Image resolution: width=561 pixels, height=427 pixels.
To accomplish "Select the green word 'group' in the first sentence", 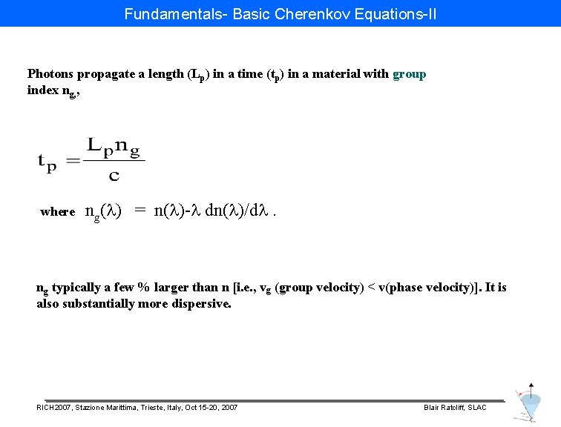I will click(x=409, y=74).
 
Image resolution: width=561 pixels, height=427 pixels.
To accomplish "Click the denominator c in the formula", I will click(x=114, y=176).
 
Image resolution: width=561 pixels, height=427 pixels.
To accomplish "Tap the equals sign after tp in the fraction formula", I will click(x=73, y=161).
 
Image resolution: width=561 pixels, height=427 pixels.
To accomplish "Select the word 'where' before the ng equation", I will click(x=58, y=212).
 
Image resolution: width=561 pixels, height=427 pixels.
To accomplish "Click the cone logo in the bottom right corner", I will click(x=528, y=404).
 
